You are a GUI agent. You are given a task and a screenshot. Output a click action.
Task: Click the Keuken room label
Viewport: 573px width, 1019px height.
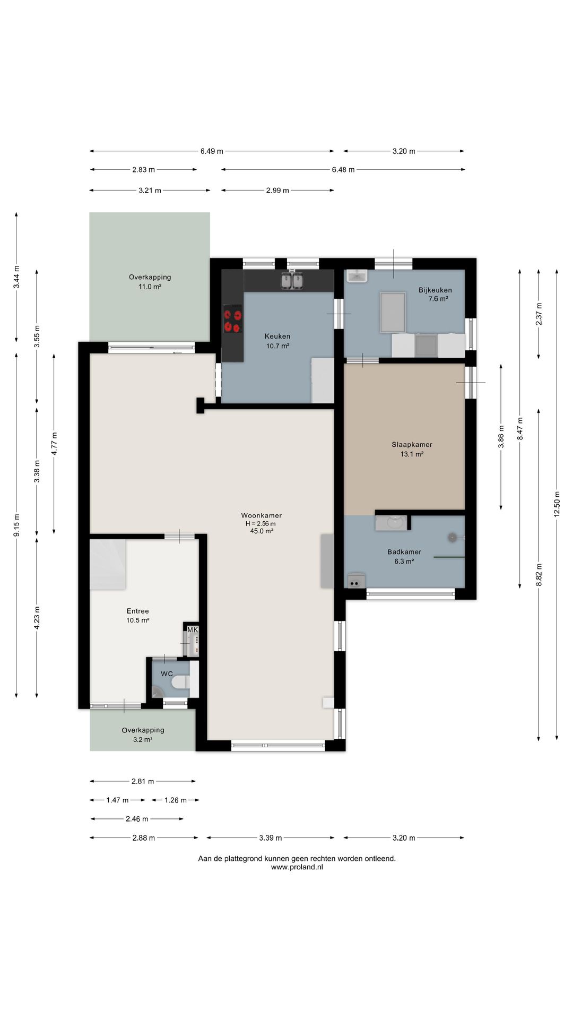(277, 336)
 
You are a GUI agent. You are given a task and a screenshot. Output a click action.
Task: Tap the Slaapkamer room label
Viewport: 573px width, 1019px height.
(412, 445)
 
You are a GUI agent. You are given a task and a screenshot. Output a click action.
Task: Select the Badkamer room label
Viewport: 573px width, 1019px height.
(404, 552)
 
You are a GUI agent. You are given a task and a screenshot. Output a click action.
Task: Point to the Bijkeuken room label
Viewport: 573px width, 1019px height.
(435, 290)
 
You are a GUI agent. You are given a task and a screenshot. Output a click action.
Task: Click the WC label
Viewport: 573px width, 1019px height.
(167, 674)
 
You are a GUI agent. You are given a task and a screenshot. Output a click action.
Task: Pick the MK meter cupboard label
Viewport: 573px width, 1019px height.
(193, 630)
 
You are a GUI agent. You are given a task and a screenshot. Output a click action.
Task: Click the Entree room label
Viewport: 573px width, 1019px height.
(137, 611)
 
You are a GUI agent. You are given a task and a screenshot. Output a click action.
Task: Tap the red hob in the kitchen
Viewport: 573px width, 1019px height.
(233, 320)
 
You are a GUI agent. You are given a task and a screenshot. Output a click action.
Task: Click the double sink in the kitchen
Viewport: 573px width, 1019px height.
(292, 280)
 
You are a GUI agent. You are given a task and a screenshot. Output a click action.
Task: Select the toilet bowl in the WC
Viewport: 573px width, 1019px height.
(180, 681)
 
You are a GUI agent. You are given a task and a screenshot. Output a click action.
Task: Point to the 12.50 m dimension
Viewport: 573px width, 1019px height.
(557, 505)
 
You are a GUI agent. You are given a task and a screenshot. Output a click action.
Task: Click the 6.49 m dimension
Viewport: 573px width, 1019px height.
(212, 151)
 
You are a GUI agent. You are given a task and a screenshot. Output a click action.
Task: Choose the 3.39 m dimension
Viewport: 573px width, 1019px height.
(271, 838)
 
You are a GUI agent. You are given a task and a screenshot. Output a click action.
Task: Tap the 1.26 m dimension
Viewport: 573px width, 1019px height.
(176, 800)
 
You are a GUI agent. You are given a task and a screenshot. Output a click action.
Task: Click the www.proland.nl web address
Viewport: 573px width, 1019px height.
(297, 867)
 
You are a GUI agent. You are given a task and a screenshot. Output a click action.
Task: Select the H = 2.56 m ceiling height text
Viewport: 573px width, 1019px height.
(261, 523)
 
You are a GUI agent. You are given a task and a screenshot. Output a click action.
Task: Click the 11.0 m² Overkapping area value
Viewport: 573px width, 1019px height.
(150, 287)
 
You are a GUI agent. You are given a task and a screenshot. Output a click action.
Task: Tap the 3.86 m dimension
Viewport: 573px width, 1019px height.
(501, 437)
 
